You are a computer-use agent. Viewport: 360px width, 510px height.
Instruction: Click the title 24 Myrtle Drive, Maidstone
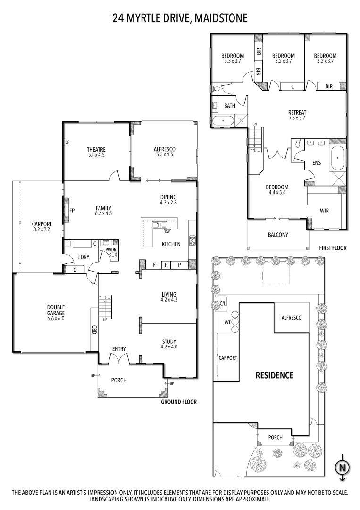click(180, 18)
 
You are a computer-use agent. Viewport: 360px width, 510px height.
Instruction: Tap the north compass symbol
click(342, 467)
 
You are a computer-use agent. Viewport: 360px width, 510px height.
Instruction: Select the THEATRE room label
click(96, 152)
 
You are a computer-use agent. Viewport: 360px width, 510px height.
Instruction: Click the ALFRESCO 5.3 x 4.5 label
click(164, 152)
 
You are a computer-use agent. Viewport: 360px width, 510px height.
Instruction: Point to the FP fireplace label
click(72, 211)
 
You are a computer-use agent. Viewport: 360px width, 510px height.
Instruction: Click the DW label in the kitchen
click(167, 231)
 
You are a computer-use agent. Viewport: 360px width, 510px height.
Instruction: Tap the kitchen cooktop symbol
click(192, 240)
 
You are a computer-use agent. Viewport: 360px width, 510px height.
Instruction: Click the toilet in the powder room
click(112, 255)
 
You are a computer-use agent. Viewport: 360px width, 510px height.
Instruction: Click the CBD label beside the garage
click(94, 330)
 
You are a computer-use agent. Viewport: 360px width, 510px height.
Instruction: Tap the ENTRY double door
click(119, 358)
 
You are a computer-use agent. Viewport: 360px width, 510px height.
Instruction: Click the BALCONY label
click(278, 235)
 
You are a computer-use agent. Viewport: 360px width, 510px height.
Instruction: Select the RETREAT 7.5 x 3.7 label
click(297, 115)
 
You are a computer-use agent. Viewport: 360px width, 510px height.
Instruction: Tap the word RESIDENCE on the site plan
click(274, 375)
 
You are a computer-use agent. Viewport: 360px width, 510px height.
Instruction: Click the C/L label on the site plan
click(223, 304)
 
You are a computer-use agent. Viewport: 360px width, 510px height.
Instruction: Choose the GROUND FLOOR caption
click(178, 402)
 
